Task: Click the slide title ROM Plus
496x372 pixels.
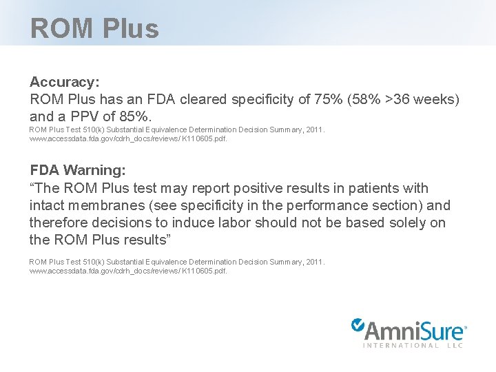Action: coord(94,28)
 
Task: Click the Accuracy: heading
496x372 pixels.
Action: coord(65,82)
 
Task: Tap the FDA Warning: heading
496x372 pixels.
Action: coord(78,170)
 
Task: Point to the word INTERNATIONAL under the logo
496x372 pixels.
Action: coord(401,345)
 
